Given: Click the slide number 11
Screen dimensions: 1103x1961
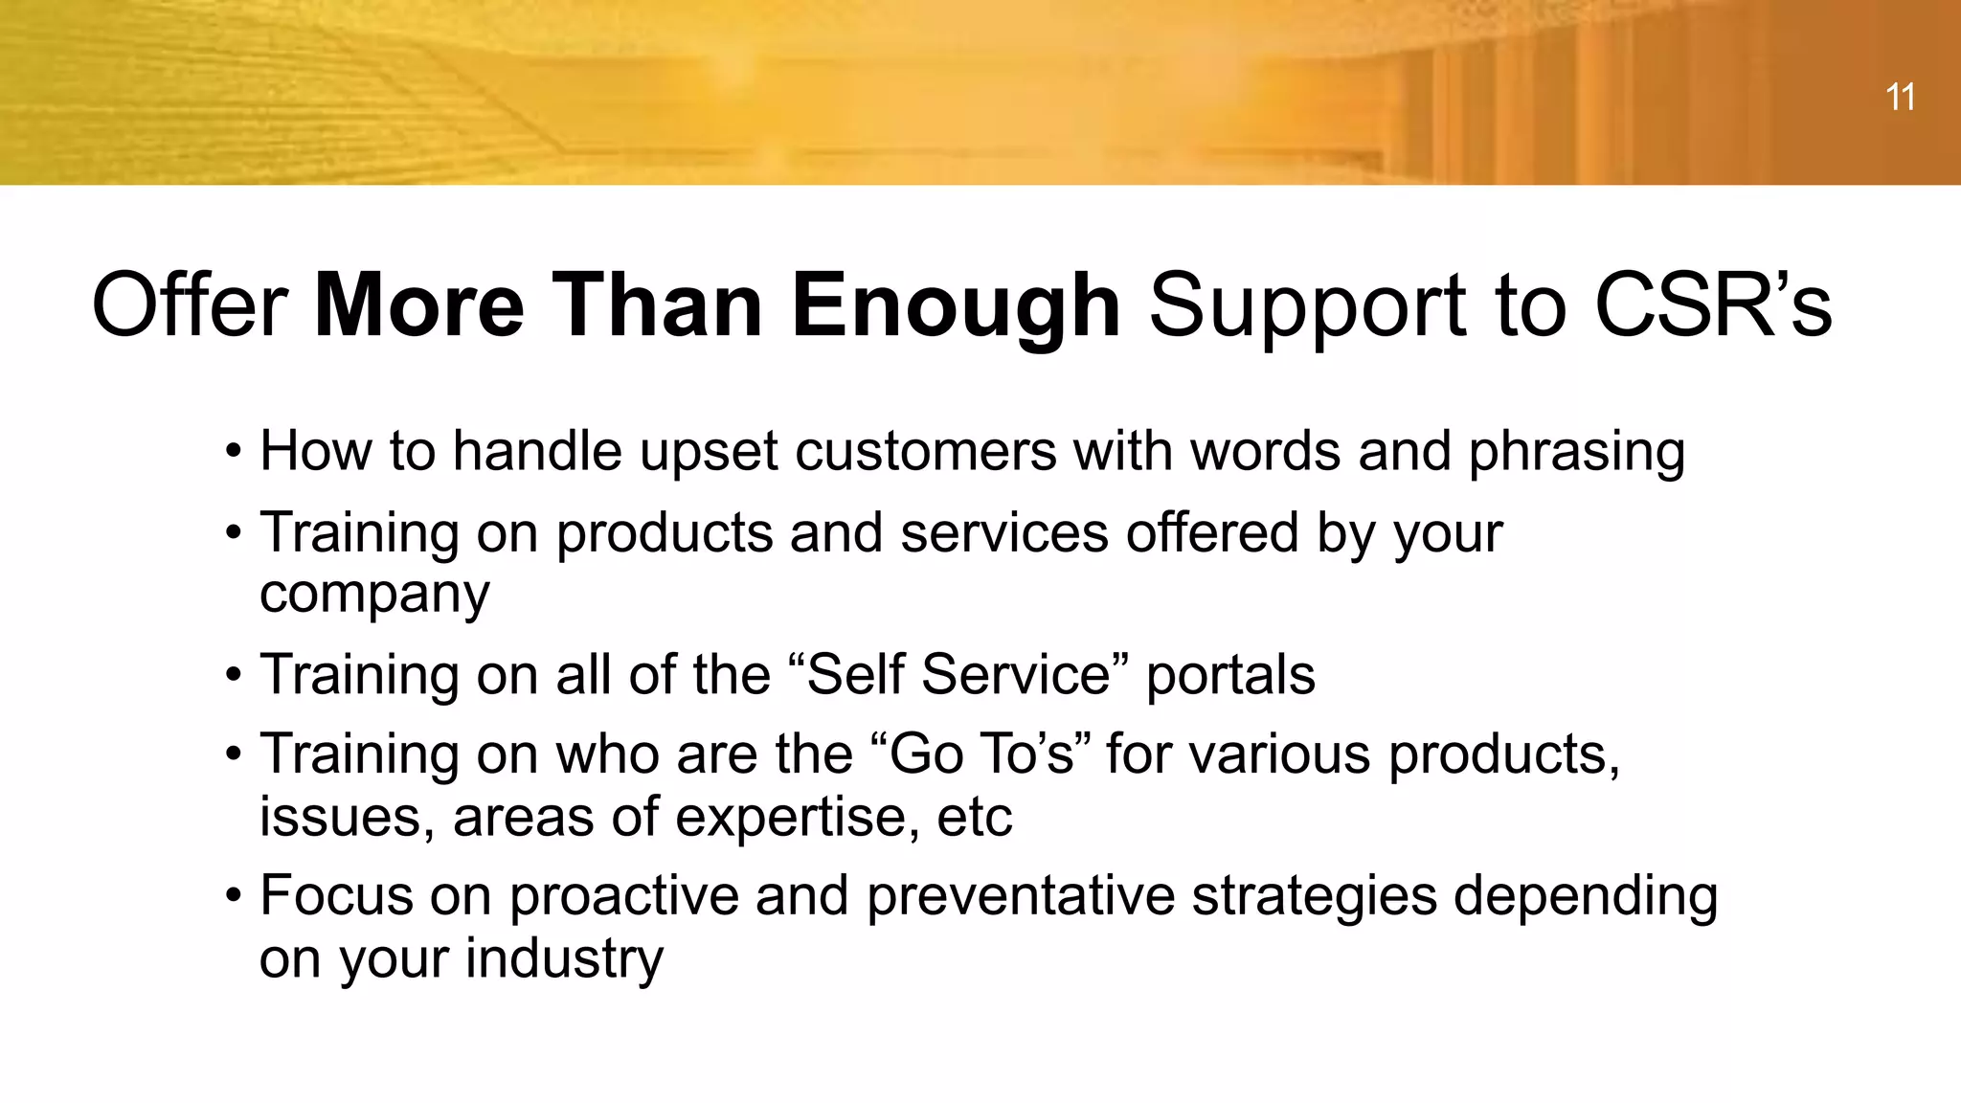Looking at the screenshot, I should tap(1900, 98).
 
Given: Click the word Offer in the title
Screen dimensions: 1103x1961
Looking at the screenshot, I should tap(189, 305).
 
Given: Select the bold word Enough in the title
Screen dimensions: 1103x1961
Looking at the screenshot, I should tap(955, 305).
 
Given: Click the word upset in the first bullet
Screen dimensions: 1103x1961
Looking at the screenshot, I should tap(708, 451).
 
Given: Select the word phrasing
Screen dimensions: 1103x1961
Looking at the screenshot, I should tap(1576, 451).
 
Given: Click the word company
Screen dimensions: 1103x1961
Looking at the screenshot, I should tap(374, 595).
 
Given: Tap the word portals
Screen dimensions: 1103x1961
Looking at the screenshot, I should tap(1229, 674).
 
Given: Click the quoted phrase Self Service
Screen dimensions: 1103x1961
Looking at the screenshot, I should tap(959, 674).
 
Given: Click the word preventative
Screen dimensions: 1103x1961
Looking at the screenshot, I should tap(1020, 896).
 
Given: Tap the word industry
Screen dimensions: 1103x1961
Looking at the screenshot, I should tap(564, 958).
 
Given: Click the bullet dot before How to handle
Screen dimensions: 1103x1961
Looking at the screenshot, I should tap(233, 452).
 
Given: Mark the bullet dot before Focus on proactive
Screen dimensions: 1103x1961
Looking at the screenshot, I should tap(233, 897).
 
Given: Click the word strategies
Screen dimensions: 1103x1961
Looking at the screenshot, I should tap(1314, 896).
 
